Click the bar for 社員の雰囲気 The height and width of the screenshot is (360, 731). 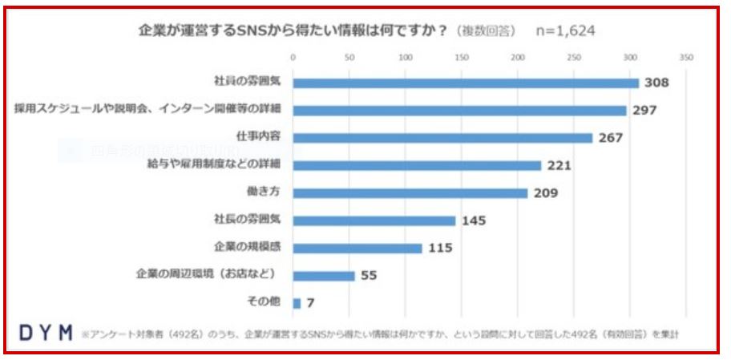(466, 83)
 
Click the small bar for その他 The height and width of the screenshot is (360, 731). (297, 303)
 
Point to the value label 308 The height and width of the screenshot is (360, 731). (657, 83)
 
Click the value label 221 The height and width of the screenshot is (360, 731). (559, 166)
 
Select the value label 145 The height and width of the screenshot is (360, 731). (474, 220)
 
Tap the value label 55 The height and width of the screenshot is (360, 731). (370, 276)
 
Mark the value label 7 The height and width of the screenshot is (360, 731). (309, 303)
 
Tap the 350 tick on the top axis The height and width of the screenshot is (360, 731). (685, 58)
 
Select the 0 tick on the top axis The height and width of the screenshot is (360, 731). (293, 58)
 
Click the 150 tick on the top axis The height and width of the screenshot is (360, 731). (461, 58)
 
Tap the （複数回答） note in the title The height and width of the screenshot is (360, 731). (486, 30)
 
